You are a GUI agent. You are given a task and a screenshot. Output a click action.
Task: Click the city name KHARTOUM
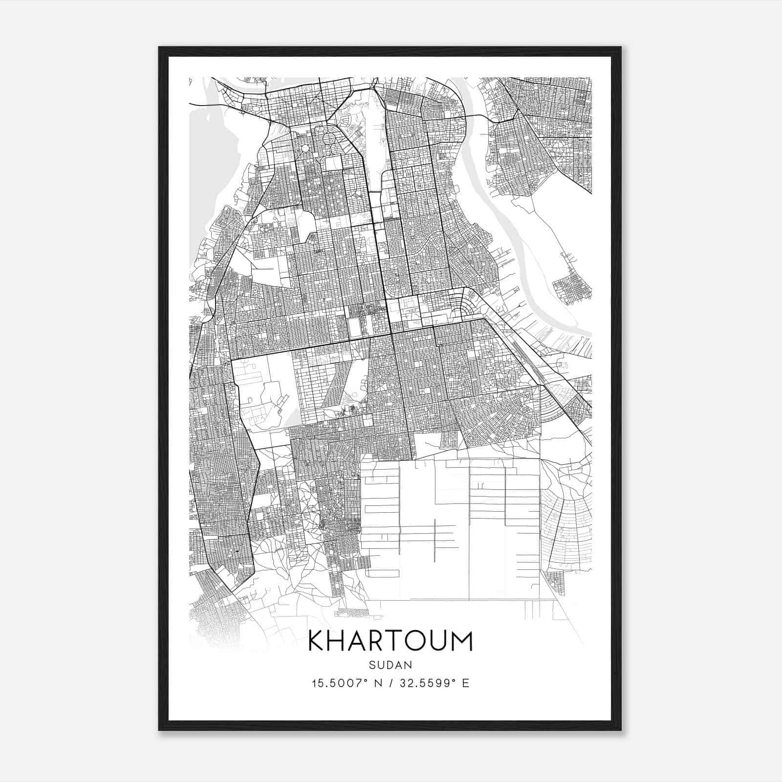[391, 642]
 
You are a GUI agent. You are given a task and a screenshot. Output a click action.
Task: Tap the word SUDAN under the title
[391, 665]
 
